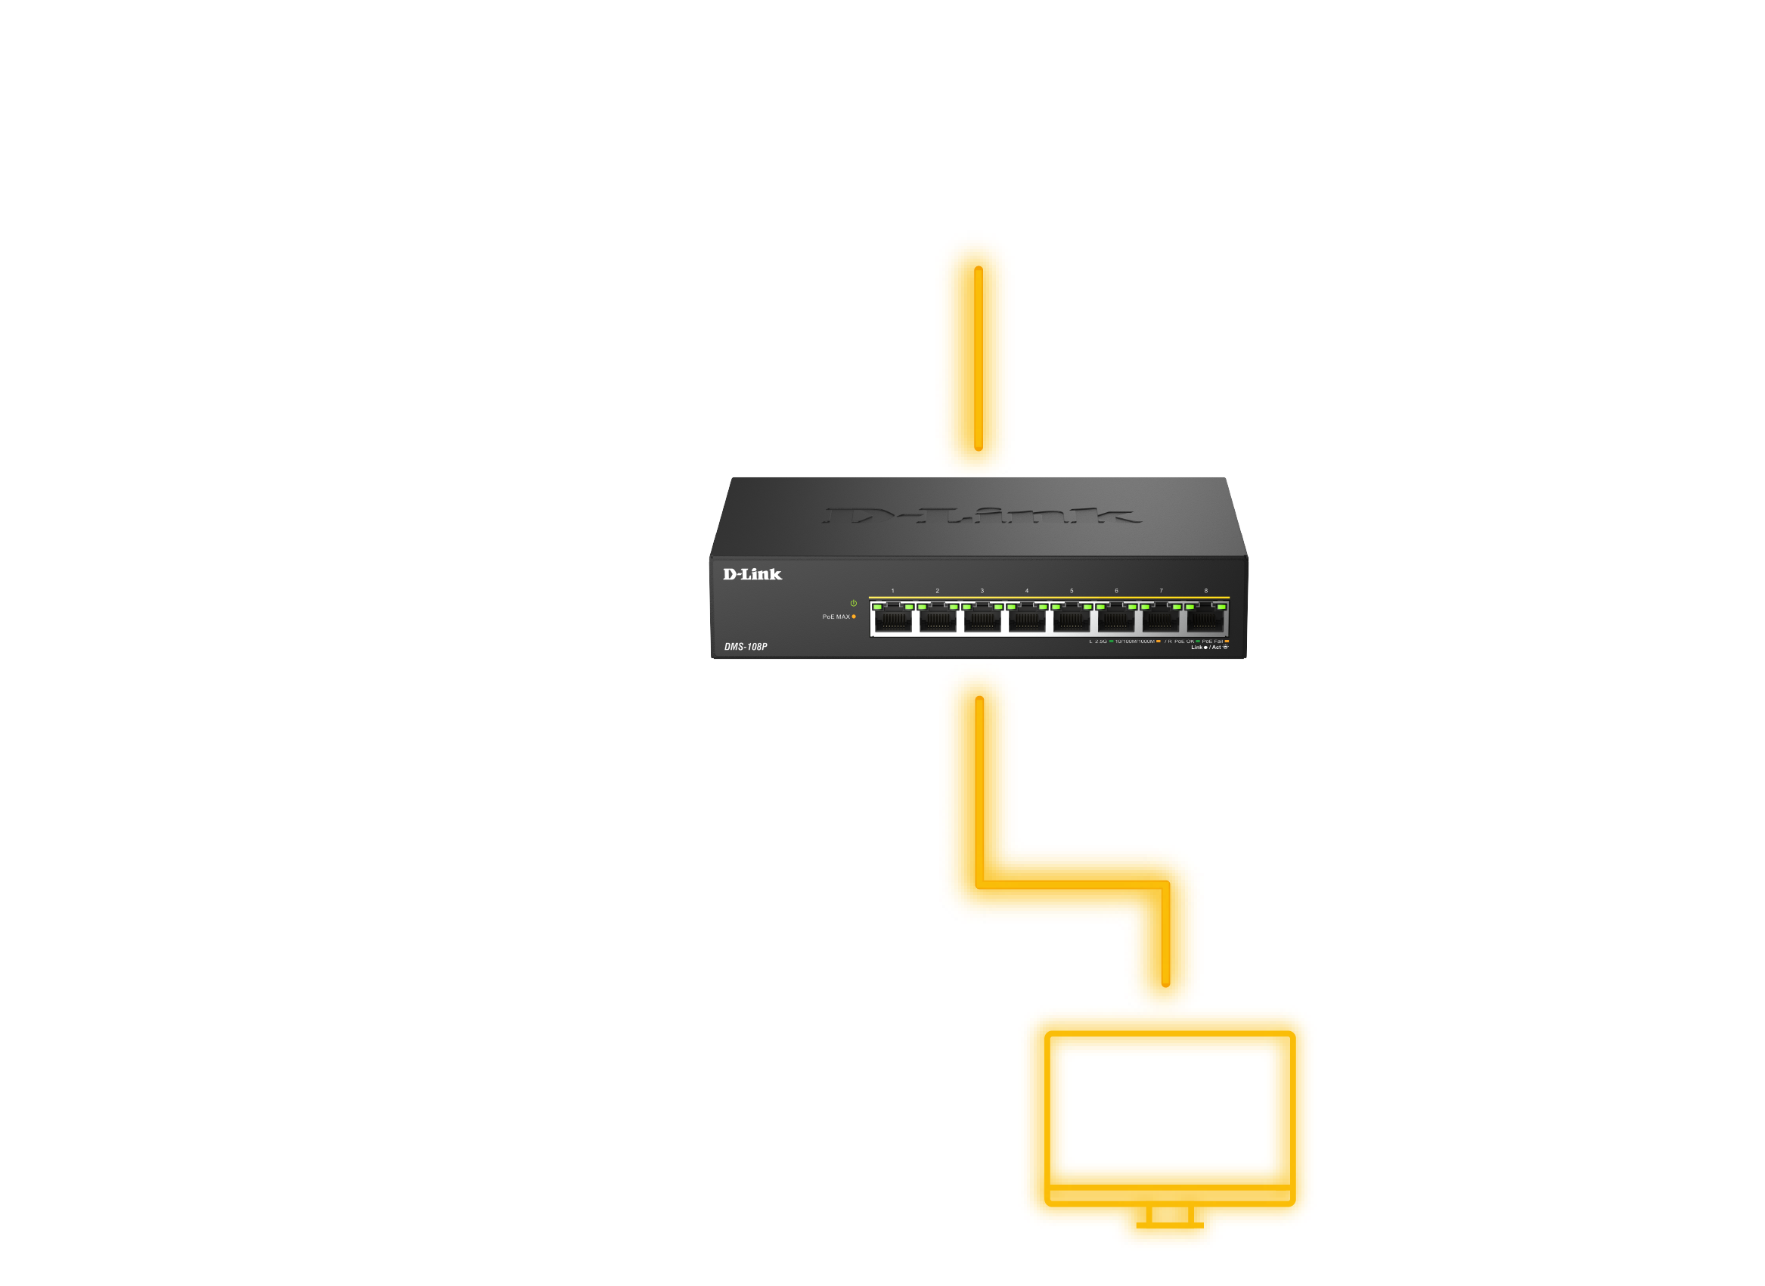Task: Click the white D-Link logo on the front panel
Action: pos(752,574)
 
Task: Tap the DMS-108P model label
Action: pos(746,647)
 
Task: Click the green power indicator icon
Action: pos(854,604)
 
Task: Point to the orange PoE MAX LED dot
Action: pos(854,617)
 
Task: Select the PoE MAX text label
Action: pos(835,617)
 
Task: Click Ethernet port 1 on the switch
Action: pos(892,620)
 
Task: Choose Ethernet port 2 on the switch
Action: pos(938,620)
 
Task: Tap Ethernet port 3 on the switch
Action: pos(982,620)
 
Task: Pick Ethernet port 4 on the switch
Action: pos(1027,620)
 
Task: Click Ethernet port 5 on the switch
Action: pos(1072,620)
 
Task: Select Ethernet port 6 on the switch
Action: pos(1116,620)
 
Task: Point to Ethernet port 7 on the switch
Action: pos(1161,620)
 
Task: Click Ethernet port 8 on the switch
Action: pos(1205,620)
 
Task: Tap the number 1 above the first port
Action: pos(892,591)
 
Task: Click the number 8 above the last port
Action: pos(1206,591)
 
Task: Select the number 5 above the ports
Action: pos(1072,591)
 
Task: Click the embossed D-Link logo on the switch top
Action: pos(981,515)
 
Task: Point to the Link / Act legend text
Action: pos(1209,648)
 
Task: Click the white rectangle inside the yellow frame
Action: pos(1168,1108)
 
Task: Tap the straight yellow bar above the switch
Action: pos(976,350)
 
